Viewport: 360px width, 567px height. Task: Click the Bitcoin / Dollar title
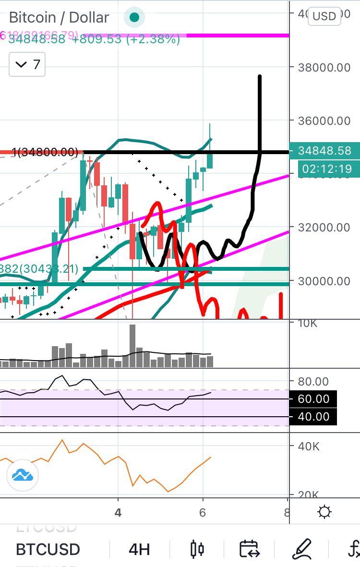click(x=59, y=18)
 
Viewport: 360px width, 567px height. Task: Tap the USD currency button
click(x=324, y=16)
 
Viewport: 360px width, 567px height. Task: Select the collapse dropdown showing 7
click(x=27, y=64)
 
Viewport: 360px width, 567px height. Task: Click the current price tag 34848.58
click(x=324, y=151)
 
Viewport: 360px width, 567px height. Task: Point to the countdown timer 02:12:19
click(x=324, y=169)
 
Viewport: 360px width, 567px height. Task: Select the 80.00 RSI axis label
click(x=313, y=382)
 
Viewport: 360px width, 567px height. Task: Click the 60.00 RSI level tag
click(x=313, y=399)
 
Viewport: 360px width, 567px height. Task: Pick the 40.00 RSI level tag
click(x=313, y=417)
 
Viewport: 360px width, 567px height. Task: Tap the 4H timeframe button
click(x=139, y=549)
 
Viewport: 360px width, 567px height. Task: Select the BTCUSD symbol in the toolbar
click(x=48, y=549)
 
